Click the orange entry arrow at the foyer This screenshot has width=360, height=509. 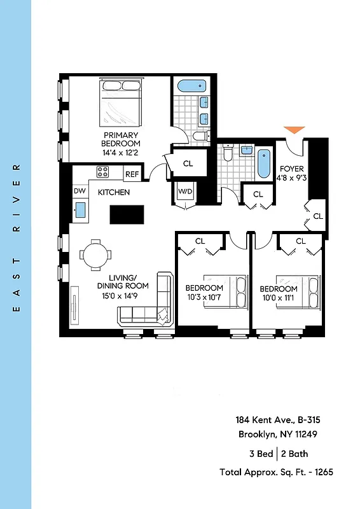(294, 130)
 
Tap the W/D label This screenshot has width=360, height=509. (185, 191)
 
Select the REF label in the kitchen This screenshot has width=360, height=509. (132, 174)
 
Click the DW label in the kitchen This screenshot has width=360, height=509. (80, 191)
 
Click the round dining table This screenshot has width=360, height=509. (96, 254)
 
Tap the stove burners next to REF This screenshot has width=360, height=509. (102, 172)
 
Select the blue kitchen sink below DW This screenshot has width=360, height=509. (81, 209)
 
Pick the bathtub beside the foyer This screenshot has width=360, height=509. (263, 164)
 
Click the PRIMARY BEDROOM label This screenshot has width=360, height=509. (121, 139)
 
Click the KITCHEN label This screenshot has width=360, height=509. (114, 192)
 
